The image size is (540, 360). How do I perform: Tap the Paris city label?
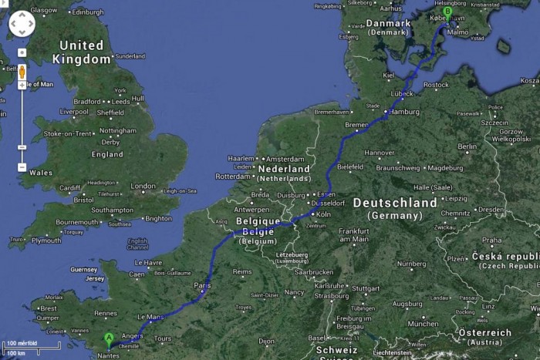click(202, 285)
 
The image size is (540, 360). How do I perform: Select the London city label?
click(143, 186)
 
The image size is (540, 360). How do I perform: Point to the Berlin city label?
click(467, 146)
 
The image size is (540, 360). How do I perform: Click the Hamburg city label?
click(404, 111)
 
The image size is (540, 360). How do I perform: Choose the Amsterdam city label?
click(285, 159)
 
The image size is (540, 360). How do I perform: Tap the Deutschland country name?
click(394, 203)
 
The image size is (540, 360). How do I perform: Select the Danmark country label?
click(389, 23)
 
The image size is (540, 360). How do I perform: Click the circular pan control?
click(22, 24)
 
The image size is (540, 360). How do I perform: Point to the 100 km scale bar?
click(19, 352)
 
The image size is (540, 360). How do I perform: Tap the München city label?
click(423, 324)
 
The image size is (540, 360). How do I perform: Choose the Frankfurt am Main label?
click(353, 234)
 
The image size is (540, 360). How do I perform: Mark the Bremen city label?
click(357, 124)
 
